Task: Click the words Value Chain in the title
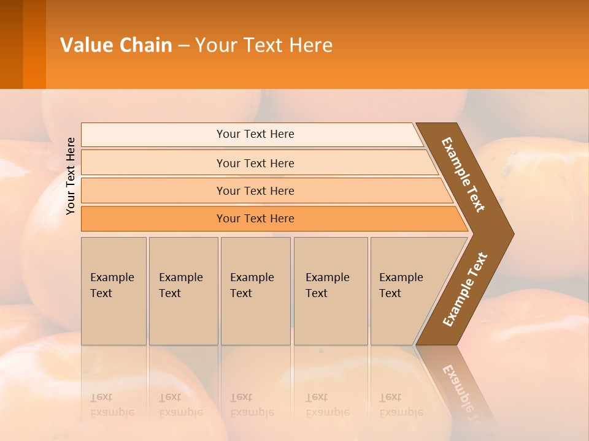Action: [x=116, y=45]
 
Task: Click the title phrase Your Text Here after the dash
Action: [x=264, y=45]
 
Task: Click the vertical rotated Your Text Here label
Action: [x=71, y=176]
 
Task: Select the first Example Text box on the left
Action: [x=114, y=290]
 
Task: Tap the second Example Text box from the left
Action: [x=183, y=290]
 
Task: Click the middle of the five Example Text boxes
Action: [x=255, y=290]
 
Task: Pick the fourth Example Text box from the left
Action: [x=330, y=290]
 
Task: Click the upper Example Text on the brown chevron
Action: [x=463, y=175]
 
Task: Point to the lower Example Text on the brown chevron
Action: [x=464, y=289]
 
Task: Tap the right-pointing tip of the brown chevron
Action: [x=509, y=233]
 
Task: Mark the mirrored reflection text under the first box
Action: [x=112, y=405]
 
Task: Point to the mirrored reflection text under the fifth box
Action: [x=401, y=405]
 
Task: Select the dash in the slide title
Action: [x=183, y=46]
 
